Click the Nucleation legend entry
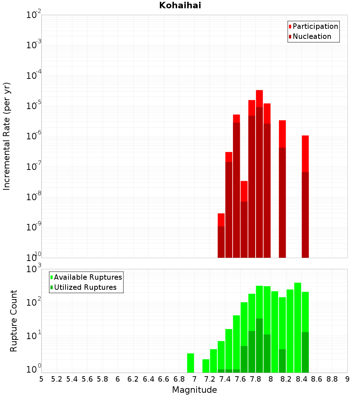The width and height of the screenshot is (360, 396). (x=311, y=36)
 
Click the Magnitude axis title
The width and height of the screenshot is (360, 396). (x=194, y=390)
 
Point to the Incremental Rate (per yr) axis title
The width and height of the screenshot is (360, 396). (x=7, y=136)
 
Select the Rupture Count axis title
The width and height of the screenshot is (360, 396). (x=14, y=321)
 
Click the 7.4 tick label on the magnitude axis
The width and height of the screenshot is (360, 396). (x=225, y=379)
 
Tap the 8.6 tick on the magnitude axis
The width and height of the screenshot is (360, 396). (x=317, y=379)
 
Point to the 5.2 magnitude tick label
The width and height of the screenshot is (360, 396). (x=57, y=379)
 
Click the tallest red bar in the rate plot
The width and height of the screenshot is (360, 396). (x=259, y=173)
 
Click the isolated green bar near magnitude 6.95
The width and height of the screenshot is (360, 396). (x=190, y=363)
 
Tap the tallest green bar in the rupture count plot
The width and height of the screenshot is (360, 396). (x=298, y=328)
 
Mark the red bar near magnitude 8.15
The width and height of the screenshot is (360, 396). (x=282, y=189)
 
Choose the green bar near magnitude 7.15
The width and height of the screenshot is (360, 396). (x=206, y=366)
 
